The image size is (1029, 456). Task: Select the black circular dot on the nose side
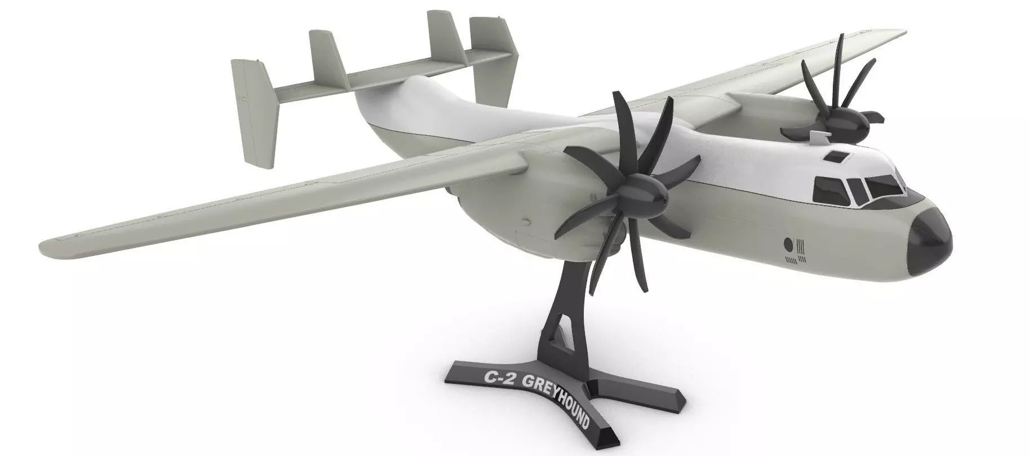tap(788, 245)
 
